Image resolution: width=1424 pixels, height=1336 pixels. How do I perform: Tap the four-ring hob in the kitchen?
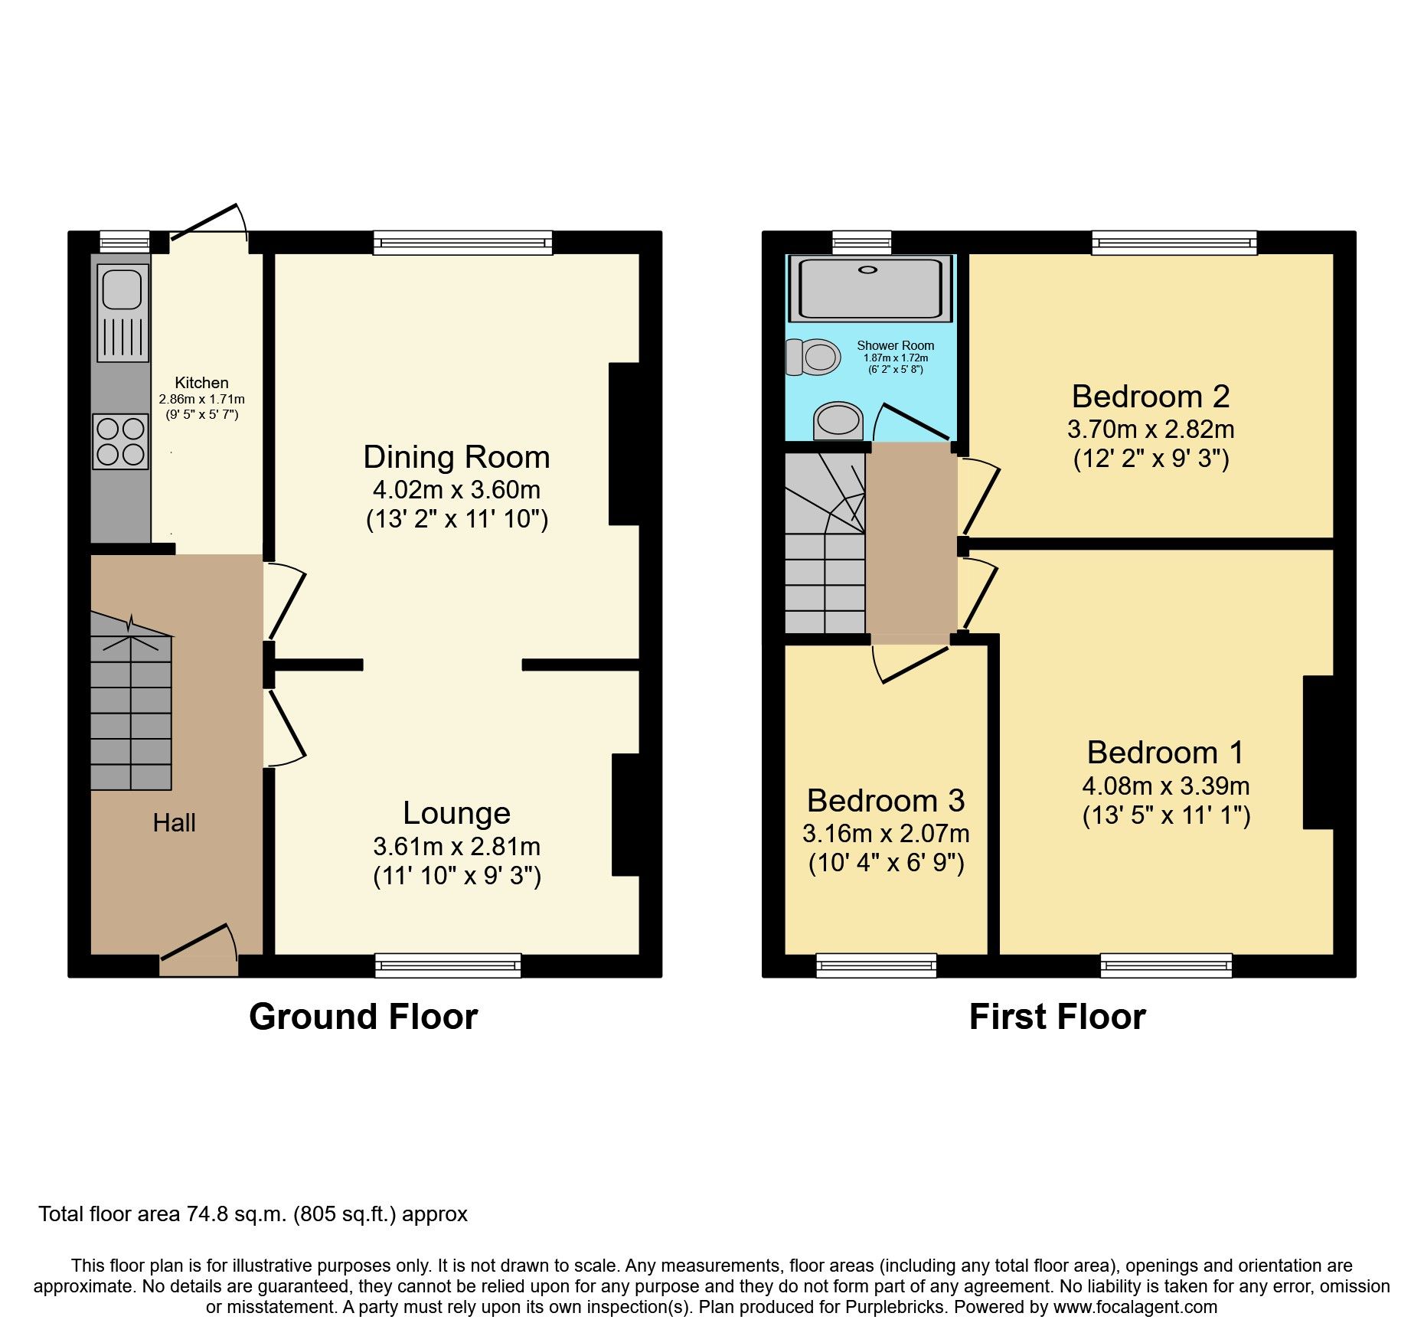pyautogui.click(x=121, y=441)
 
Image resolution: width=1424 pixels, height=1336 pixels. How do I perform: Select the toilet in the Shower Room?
pyautogui.click(x=813, y=357)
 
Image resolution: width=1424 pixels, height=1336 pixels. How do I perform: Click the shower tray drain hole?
pyautogui.click(x=868, y=269)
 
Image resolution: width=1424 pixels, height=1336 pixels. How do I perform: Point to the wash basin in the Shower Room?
pyautogui.click(x=838, y=420)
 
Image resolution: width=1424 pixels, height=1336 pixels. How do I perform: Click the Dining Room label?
pyautogui.click(x=456, y=457)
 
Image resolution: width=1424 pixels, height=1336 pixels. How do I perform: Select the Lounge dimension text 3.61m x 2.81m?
pyautogui.click(x=457, y=847)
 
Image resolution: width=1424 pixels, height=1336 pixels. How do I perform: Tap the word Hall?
pyautogui.click(x=174, y=823)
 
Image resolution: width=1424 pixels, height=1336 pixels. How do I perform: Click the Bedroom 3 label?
pyautogui.click(x=886, y=801)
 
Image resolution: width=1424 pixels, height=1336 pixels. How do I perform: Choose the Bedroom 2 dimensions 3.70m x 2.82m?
pyautogui.click(x=1151, y=429)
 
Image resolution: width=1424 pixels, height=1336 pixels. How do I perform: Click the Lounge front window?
pyautogui.click(x=448, y=965)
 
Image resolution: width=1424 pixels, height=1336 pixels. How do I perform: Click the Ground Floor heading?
pyautogui.click(x=363, y=1017)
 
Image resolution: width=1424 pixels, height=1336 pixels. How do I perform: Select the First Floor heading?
pyautogui.click(x=1057, y=1017)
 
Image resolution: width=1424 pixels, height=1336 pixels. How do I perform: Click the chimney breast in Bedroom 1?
pyautogui.click(x=1318, y=752)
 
